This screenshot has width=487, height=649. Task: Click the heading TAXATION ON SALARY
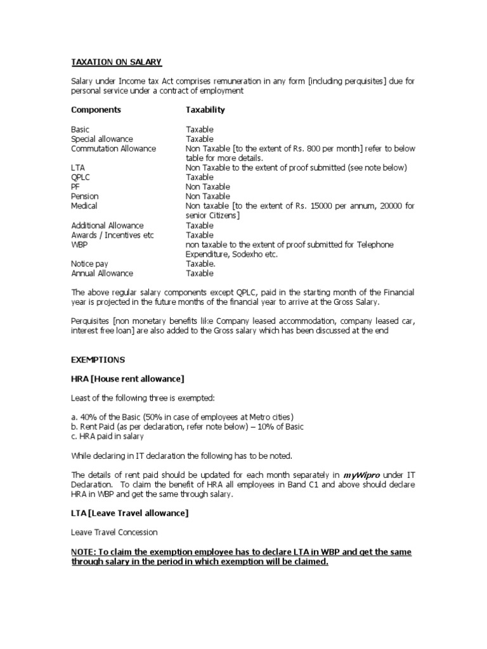coord(116,61)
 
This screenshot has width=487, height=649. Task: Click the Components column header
coord(96,110)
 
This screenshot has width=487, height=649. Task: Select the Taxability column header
coord(205,110)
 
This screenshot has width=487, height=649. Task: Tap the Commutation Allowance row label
coord(113,148)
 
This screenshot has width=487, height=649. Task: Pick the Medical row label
coord(85,206)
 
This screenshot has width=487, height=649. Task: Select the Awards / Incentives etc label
coord(112,235)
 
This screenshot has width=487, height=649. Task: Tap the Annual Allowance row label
coord(102,273)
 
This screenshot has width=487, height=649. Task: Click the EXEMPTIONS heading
coord(98,359)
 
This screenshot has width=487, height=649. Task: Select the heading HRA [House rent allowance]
coord(127,378)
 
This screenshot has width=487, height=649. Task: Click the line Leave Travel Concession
coord(114,532)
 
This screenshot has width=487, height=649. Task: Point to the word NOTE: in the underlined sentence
coord(84,552)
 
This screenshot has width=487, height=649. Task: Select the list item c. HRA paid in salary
coord(107,436)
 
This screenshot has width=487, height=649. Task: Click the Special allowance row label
coord(102,139)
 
